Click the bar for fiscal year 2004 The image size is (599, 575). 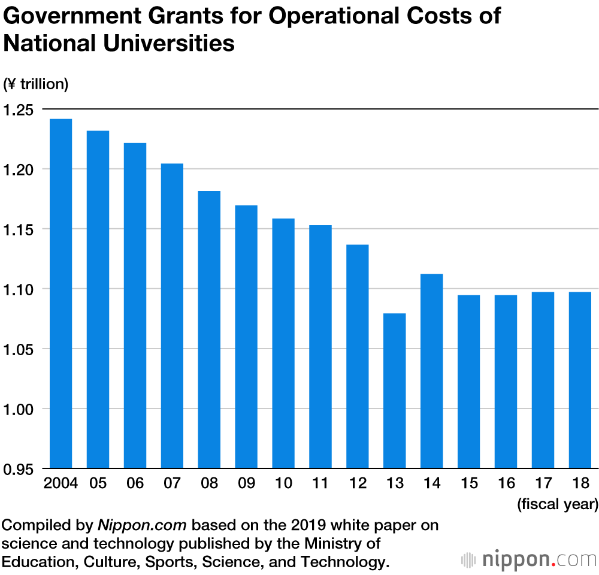point(60,293)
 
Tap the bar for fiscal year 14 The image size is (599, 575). point(431,371)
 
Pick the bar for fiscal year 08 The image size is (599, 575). point(209,329)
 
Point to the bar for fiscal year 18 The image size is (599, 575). point(580,380)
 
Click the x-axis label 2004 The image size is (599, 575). point(60,483)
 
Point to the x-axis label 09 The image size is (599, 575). point(246,483)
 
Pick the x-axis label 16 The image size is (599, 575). point(506,483)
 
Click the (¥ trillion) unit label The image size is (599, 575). point(36,84)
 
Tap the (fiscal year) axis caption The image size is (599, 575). point(557,504)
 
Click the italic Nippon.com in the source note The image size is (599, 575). point(143,525)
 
